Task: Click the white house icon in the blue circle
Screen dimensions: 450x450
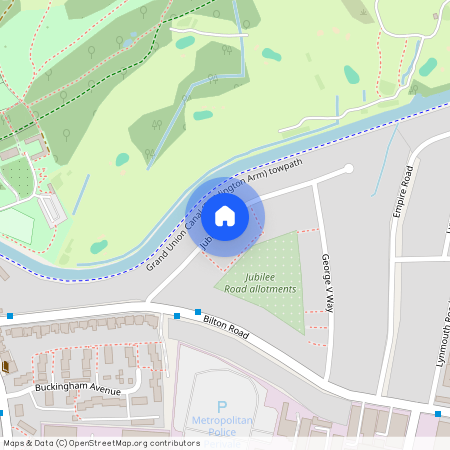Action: coord(225,214)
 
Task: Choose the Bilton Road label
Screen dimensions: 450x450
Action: coord(225,327)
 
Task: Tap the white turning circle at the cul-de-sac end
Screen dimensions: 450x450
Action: coord(349,169)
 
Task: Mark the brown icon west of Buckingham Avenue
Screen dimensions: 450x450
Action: coord(4,366)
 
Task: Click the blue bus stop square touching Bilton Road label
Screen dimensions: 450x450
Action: coord(198,313)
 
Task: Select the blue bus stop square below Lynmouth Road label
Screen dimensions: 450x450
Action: coord(438,414)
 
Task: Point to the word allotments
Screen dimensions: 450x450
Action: coord(271,289)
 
